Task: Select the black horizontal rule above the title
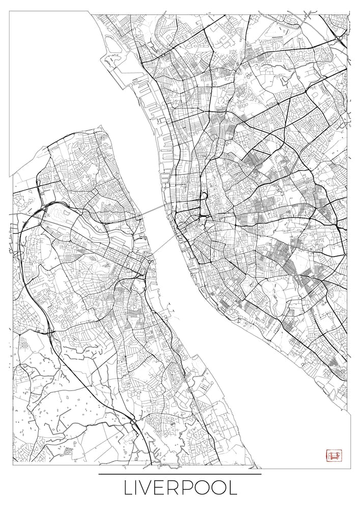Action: coord(180,474)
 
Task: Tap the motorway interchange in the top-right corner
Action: coord(338,37)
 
